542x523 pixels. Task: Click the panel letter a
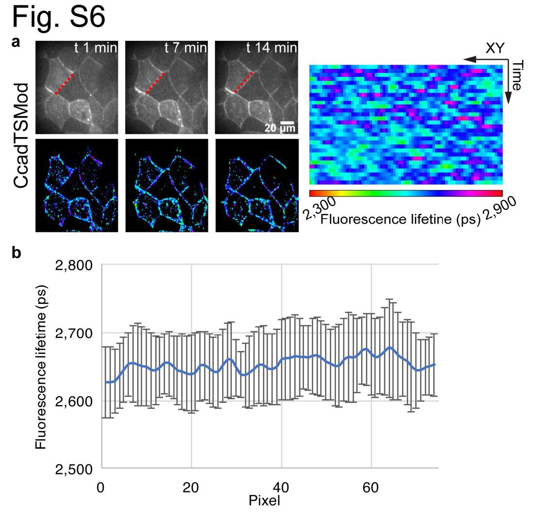coord(16,43)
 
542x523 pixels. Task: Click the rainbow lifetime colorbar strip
coord(406,193)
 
